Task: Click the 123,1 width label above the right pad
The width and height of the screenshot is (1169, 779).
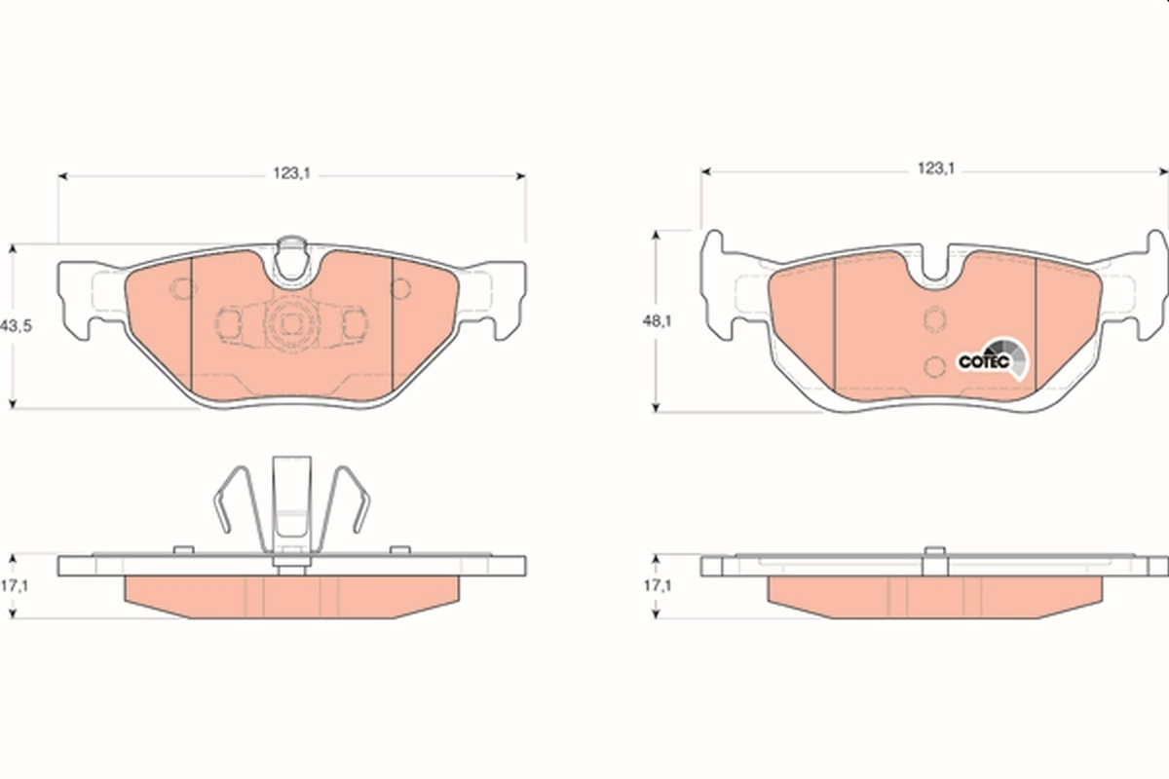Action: (x=933, y=168)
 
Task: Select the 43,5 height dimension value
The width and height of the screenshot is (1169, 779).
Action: (x=18, y=326)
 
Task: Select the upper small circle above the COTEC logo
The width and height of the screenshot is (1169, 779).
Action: (x=933, y=319)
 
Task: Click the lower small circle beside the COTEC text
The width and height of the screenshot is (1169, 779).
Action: (x=933, y=366)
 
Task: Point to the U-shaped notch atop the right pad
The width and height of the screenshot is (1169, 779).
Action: (x=933, y=267)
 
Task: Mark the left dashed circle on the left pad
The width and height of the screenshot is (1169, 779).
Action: (x=181, y=288)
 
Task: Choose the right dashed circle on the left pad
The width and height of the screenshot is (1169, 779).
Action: (x=399, y=288)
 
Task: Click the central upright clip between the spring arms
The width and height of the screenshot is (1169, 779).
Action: (x=291, y=506)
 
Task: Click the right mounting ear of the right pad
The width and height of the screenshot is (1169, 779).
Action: (x=1146, y=282)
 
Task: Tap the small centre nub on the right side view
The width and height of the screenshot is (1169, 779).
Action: (x=933, y=554)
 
